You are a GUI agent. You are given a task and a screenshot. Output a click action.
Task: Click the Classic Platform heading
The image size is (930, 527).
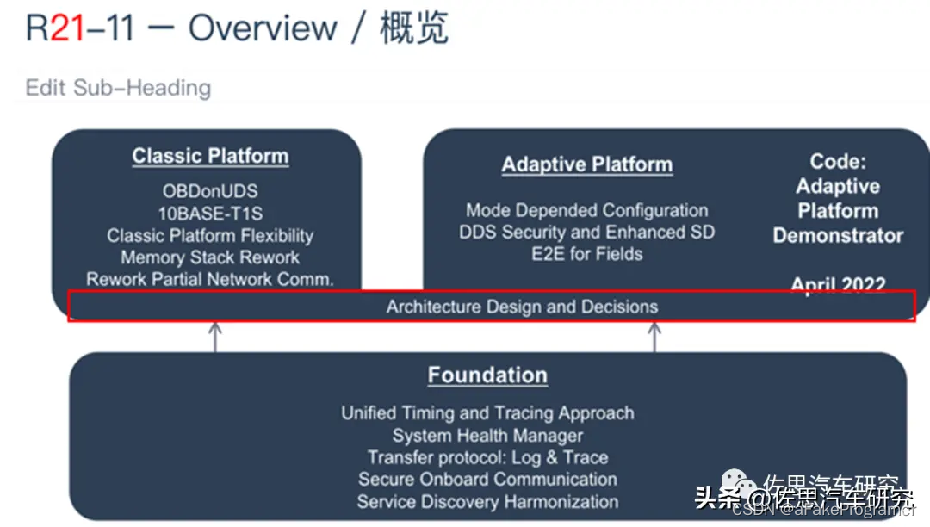210,156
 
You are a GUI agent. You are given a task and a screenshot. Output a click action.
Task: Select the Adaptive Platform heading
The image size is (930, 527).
586,164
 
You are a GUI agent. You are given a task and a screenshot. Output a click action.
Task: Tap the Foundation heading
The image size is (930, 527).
487,375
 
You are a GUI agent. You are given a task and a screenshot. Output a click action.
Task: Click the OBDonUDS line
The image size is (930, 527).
210,191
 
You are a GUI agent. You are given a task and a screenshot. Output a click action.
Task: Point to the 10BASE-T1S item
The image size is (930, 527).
210,214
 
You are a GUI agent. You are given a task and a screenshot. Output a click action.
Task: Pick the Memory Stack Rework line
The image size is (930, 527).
210,257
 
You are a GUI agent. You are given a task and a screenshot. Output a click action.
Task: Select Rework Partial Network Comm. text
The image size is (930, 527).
210,279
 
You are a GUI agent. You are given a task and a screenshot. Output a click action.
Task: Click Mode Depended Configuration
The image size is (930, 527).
586,210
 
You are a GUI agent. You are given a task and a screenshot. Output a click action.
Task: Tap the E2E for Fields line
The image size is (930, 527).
586,253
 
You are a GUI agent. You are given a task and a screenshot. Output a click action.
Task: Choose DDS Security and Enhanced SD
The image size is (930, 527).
586,232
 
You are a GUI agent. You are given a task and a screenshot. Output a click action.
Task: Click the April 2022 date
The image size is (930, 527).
838,285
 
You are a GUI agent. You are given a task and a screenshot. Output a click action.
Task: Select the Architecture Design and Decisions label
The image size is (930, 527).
522,307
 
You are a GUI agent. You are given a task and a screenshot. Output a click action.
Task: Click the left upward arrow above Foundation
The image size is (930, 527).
214,337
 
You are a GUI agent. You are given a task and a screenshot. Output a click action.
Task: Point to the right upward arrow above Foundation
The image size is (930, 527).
654,337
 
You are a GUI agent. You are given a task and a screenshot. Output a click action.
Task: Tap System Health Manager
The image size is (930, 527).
487,436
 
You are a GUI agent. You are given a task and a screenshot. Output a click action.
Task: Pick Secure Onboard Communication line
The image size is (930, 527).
487,480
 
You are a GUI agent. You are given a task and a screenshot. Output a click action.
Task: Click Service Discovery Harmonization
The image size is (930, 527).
487,501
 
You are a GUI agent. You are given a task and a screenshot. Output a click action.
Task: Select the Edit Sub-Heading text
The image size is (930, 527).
118,88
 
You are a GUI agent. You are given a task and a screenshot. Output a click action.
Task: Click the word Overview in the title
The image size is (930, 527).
263,28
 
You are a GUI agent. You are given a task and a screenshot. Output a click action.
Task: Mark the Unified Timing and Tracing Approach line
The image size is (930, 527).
487,413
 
